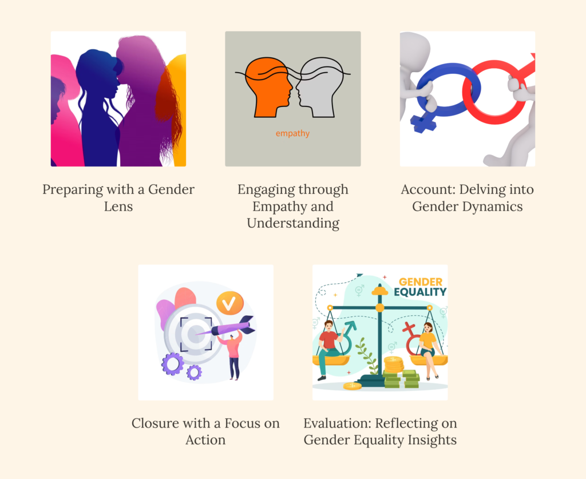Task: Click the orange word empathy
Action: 292,133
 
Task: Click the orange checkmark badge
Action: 230,303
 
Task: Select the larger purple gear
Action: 173,363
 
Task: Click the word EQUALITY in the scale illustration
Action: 420,292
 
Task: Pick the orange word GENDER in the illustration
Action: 421,282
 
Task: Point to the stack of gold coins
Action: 394,365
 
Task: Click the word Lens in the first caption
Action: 118,206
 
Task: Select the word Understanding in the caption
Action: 293,223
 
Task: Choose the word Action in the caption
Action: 205,440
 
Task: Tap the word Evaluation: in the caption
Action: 337,423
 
